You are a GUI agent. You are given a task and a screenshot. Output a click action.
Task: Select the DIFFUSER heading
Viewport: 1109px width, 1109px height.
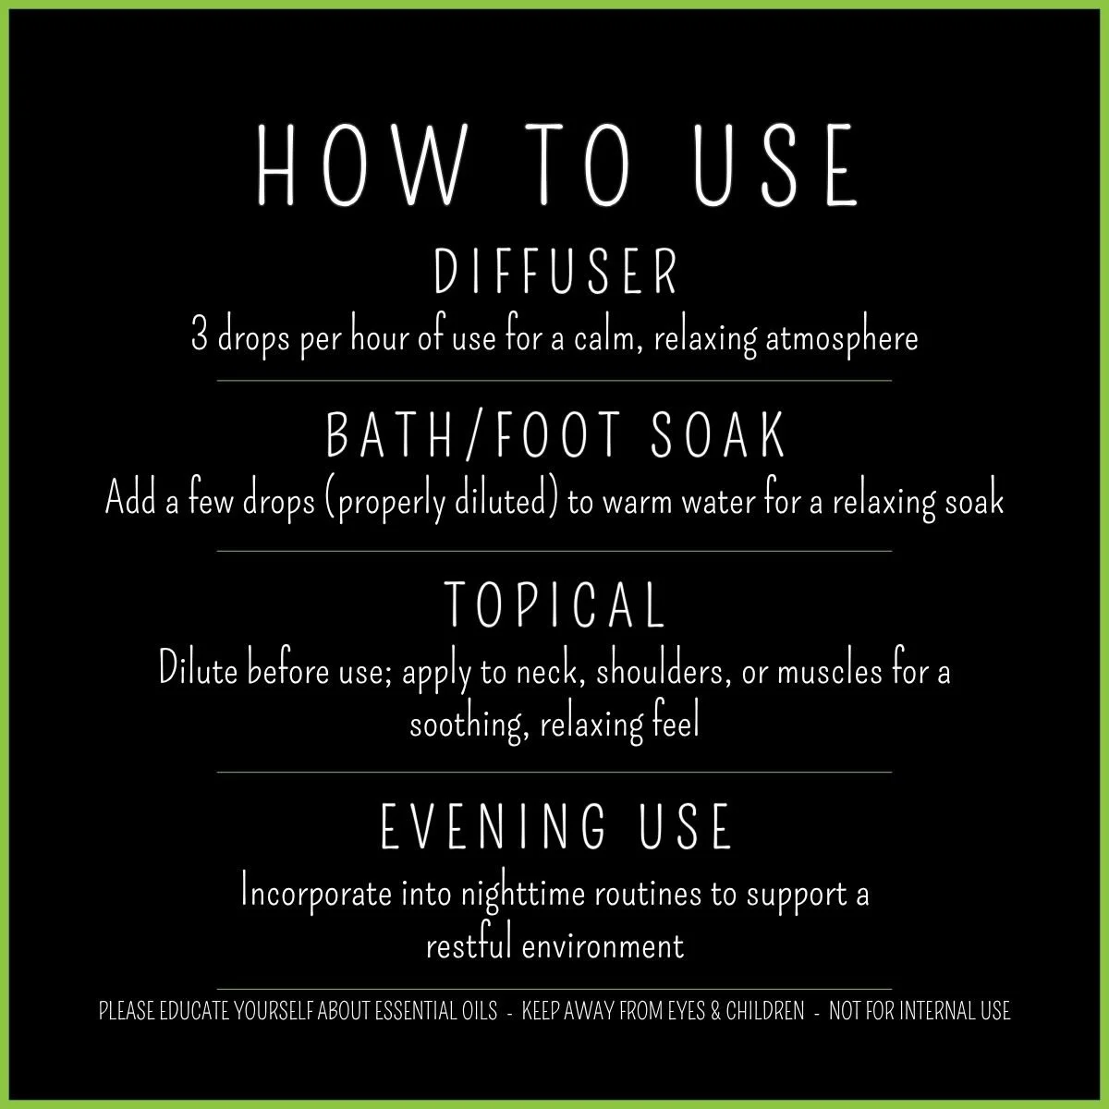[555, 272]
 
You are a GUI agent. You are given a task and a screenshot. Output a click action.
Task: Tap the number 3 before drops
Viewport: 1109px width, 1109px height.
[199, 337]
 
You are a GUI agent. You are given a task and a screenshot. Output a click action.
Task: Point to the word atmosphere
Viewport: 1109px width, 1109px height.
[842, 338]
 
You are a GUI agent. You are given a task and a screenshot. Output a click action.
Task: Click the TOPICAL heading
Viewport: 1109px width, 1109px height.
[555, 603]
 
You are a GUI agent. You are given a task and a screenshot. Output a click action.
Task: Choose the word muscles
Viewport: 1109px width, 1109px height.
[829, 671]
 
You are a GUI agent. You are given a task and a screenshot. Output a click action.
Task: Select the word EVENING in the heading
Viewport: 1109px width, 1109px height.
[494, 827]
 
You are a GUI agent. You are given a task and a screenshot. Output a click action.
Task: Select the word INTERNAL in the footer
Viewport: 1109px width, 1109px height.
[932, 1011]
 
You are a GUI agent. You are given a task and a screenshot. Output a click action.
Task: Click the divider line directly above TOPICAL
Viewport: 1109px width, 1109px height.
[554, 551]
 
